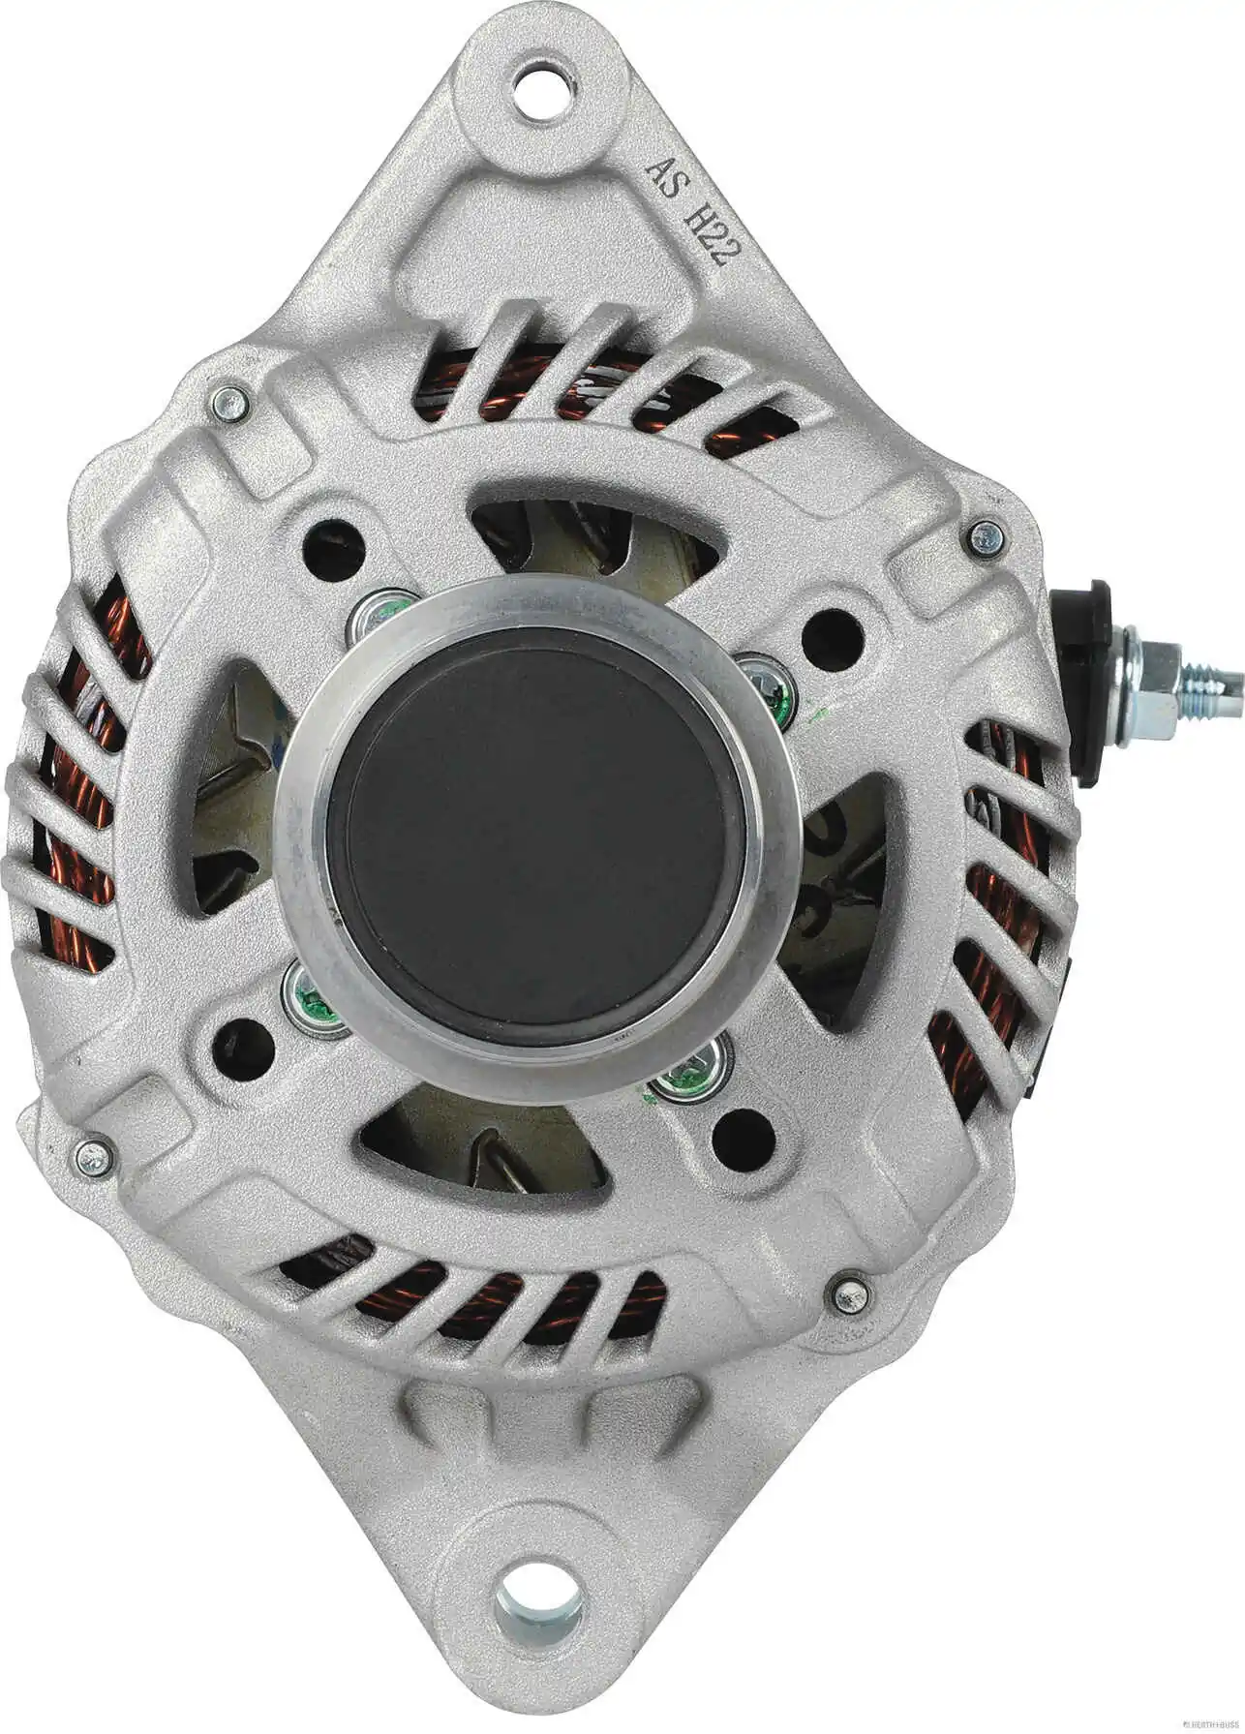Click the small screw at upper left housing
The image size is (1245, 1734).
(x=228, y=402)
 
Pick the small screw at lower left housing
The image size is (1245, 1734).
(x=94, y=1154)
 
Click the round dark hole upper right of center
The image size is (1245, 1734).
(x=833, y=634)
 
